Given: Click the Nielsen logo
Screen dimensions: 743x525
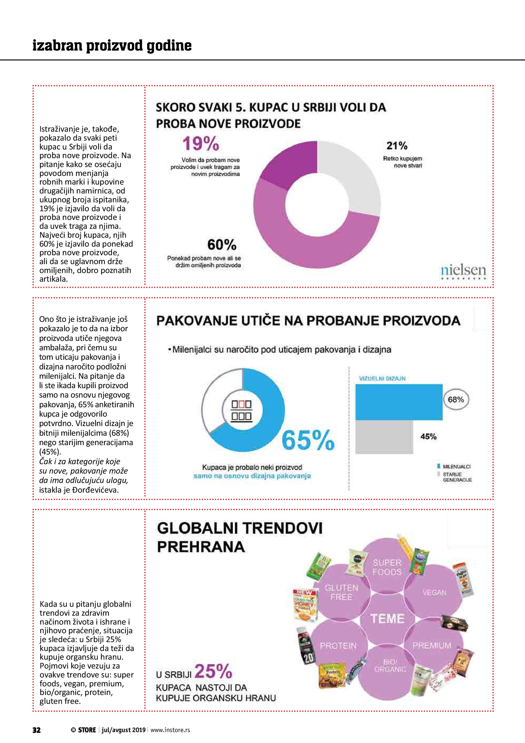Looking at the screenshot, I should coord(463,271).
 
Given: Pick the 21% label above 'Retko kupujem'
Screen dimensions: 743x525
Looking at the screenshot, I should coord(397,146).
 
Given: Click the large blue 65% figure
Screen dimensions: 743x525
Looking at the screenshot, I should coord(308,440).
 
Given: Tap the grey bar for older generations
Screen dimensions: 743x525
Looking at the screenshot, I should coord(384,437).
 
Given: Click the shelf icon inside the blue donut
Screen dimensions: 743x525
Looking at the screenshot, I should coord(242,410).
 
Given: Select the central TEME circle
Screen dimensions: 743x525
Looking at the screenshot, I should coord(387,619).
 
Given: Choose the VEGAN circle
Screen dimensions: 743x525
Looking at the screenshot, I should coord(434,593).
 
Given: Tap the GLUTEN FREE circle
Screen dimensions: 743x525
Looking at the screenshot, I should coord(341,592).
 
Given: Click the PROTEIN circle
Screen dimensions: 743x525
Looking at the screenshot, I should coord(338,646).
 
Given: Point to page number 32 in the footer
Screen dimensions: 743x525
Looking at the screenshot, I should coord(37,730).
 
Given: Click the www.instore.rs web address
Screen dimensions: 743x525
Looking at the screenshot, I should coord(170,730).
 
